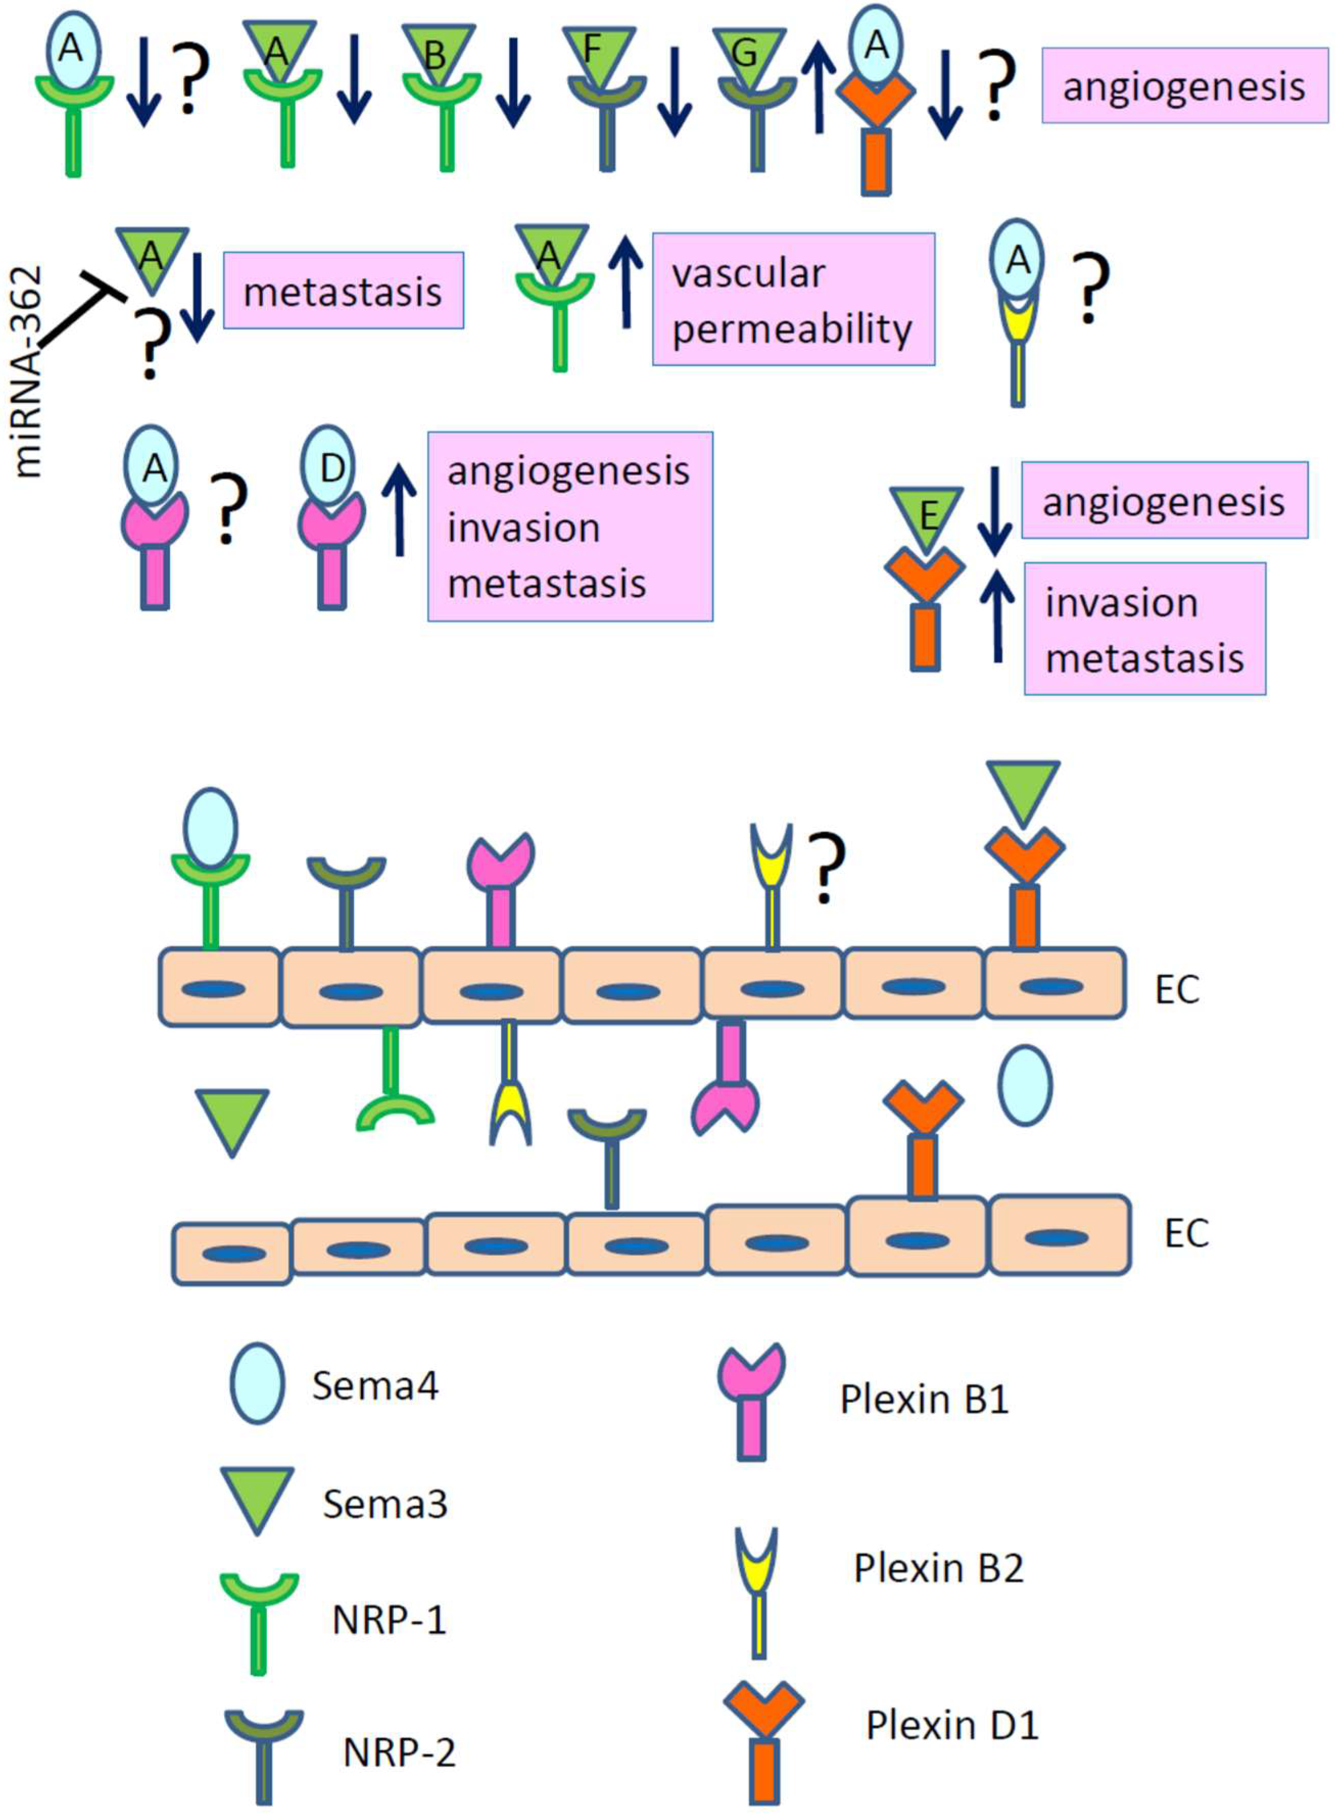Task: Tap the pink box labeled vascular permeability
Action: tap(793, 300)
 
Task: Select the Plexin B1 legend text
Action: tap(924, 1400)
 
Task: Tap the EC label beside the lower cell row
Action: tap(1186, 1234)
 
